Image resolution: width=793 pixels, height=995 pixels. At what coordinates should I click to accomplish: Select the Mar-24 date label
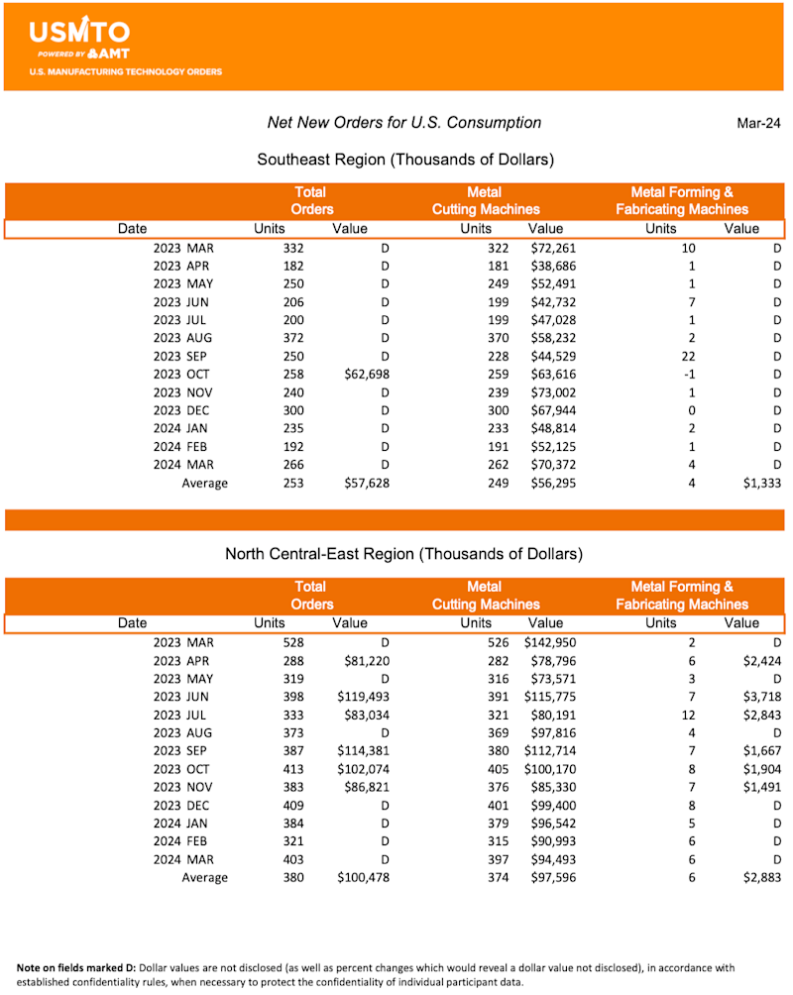[x=758, y=123]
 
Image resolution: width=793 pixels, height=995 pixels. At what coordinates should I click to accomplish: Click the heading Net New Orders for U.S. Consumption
[x=404, y=123]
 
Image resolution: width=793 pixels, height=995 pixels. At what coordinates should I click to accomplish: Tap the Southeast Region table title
[x=404, y=160]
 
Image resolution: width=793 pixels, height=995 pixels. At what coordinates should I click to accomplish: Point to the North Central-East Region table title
[x=403, y=554]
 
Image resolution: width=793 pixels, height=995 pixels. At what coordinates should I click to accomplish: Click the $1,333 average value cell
[x=759, y=484]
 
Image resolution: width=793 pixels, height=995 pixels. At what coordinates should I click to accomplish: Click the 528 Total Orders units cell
[x=292, y=642]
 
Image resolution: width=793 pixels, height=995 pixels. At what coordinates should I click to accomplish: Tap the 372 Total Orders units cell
[x=292, y=338]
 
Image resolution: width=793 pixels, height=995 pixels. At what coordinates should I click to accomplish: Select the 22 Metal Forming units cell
[x=687, y=356]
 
